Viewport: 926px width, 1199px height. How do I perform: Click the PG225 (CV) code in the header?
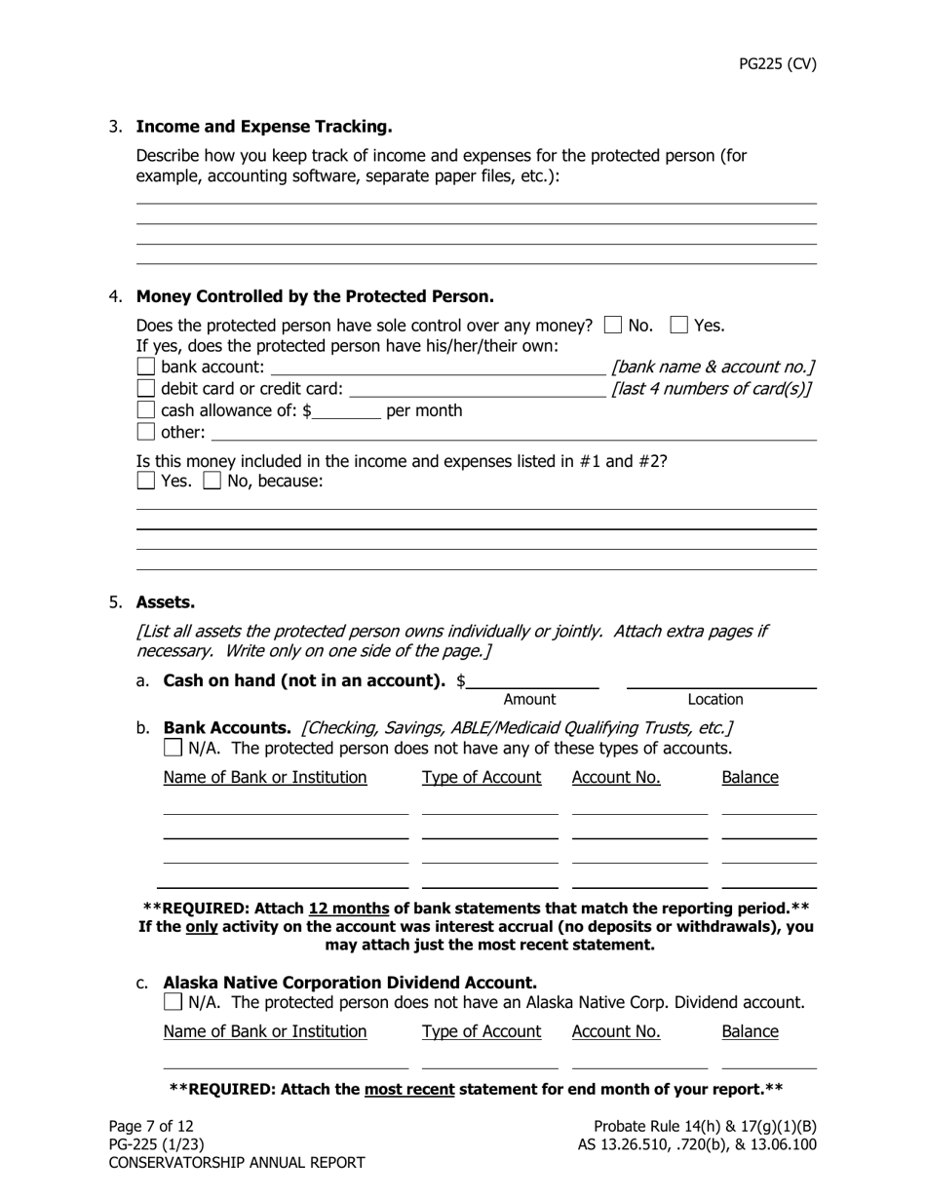click(x=777, y=64)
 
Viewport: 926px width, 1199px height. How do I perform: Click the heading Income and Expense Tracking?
click(x=263, y=127)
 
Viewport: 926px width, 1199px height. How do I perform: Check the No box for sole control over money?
click(x=613, y=326)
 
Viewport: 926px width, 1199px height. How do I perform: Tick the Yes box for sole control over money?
click(x=679, y=326)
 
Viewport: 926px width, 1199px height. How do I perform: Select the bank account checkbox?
click(x=146, y=367)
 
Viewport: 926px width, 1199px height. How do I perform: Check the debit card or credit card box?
click(x=146, y=389)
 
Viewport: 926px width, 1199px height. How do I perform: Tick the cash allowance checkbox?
click(x=146, y=410)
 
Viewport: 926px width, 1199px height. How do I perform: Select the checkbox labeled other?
click(x=146, y=432)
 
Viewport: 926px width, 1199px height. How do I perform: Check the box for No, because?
click(x=212, y=481)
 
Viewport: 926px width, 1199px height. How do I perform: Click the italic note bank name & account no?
click(x=713, y=367)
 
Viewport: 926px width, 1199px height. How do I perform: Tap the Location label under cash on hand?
click(x=714, y=700)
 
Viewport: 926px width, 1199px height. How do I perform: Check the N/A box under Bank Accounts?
click(x=174, y=749)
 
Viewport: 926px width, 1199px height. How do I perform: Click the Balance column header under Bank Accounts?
click(x=750, y=778)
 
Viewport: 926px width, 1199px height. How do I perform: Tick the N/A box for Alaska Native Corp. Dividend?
click(x=174, y=1002)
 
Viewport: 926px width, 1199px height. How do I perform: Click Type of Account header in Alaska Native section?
click(x=482, y=1032)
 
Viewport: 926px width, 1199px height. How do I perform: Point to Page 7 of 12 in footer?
click(x=151, y=1127)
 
